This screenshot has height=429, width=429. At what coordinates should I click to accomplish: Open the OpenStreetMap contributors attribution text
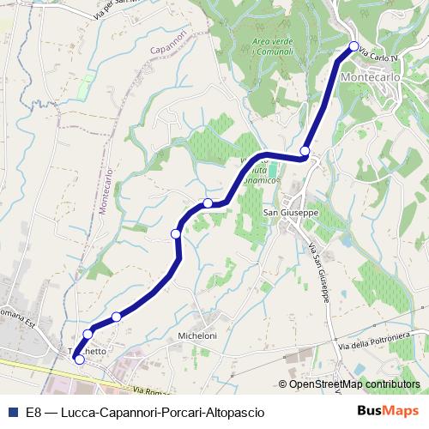pos(353,384)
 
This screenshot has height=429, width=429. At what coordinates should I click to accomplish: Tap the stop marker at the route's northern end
pos(353,46)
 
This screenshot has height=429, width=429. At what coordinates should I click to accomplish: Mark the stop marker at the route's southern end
pos(80,360)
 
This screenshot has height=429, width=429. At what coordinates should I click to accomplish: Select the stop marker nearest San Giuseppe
pos(304,151)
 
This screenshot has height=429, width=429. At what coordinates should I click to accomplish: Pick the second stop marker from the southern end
pos(88,334)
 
